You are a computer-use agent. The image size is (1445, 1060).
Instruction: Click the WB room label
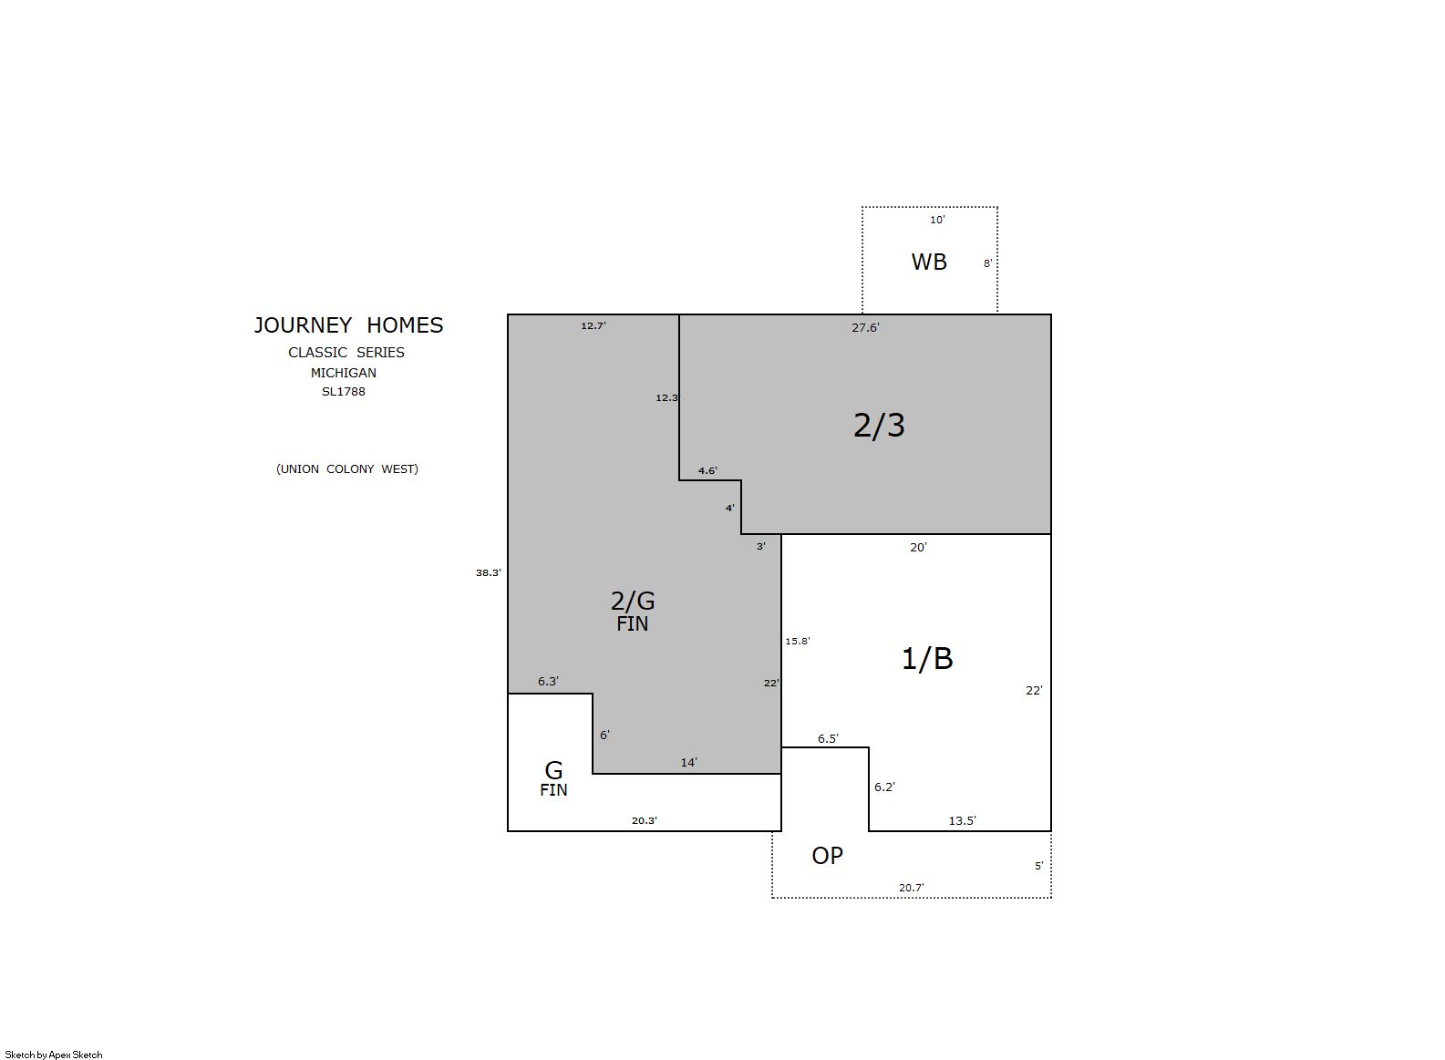point(929,262)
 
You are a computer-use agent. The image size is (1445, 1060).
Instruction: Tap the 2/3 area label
point(879,426)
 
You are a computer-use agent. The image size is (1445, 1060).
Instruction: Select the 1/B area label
point(927,658)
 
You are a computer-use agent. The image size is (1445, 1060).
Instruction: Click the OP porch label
point(827,856)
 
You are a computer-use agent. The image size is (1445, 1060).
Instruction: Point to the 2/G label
point(633,601)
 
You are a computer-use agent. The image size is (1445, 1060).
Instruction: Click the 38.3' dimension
point(489,572)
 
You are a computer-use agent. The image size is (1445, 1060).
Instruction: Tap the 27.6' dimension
point(866,327)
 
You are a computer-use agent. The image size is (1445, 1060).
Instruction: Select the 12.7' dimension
point(593,325)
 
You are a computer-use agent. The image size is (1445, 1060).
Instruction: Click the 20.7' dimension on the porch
point(912,888)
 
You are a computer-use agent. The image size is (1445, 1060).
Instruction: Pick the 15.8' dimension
point(798,641)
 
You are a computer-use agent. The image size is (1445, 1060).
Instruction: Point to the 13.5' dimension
point(963,821)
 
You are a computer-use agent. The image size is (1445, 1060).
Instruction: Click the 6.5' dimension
point(829,739)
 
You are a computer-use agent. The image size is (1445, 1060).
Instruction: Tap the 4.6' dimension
point(707,470)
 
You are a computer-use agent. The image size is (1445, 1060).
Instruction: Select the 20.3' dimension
point(645,821)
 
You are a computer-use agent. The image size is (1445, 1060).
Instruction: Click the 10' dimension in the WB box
point(937,220)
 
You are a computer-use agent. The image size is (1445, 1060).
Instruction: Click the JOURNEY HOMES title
point(349,325)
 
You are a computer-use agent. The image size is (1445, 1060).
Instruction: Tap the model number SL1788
point(344,391)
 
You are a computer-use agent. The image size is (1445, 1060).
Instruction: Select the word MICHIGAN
point(344,373)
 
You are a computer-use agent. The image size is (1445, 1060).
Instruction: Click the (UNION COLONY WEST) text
point(347,468)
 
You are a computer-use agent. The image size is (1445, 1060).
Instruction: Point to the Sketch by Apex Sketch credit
point(54,1055)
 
